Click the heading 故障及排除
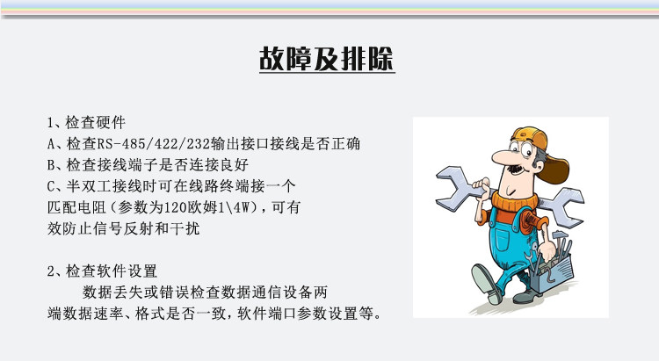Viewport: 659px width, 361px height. (327, 59)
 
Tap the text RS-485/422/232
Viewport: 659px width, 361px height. (154, 144)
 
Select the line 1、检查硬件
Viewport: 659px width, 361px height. (86, 123)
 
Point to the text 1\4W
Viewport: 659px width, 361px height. (233, 207)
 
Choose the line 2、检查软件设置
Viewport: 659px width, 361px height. (102, 271)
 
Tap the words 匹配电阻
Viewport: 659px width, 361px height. (77, 207)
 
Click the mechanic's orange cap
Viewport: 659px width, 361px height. (542, 151)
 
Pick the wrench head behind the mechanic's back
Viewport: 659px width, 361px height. (564, 206)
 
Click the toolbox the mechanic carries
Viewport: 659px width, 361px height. (553, 272)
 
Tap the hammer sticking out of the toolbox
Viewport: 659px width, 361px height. (560, 241)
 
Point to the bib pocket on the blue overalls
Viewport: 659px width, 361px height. (503, 237)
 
